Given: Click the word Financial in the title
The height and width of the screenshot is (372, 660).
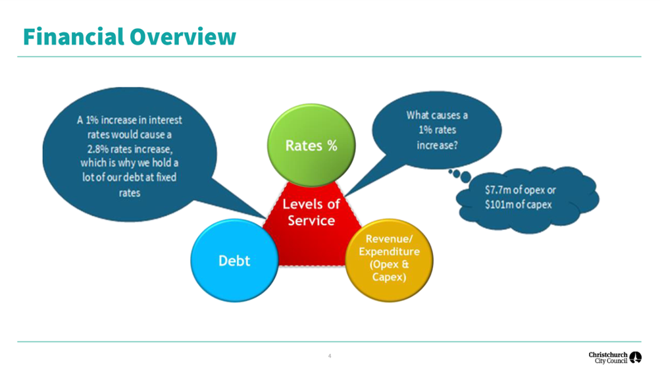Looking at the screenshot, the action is pos(74,37).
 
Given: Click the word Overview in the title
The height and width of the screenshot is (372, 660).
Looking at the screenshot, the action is pos(183,37).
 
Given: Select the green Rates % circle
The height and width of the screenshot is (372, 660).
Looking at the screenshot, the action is pos(311,146).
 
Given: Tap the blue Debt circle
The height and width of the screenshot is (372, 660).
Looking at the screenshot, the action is pos(234,260).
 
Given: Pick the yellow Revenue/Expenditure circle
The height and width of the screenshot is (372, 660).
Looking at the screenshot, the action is pos(389,260).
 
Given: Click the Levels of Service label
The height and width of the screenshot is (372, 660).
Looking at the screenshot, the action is pos(311,212).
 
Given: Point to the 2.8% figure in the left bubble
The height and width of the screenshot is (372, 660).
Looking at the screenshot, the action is pos(97,149).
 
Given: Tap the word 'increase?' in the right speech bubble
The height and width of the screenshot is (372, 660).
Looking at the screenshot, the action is pos(437,146).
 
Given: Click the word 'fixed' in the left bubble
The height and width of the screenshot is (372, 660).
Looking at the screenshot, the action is pos(166,177).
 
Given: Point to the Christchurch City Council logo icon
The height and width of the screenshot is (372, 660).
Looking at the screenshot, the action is pos(636,358).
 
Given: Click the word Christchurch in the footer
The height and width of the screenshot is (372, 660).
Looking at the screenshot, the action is pos(608,355).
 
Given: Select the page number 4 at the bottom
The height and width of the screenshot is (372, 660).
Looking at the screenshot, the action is pos(330,356).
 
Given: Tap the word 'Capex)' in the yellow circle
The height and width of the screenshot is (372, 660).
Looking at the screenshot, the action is pos(389,277).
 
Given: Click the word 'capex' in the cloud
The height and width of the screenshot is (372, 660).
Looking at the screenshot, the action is pos(540,205).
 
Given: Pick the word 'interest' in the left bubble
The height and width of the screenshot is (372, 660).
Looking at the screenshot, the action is pos(165,120).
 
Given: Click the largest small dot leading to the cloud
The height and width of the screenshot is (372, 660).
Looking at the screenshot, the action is pos(465,177).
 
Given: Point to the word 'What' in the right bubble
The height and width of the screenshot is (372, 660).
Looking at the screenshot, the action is pos(417,115).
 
